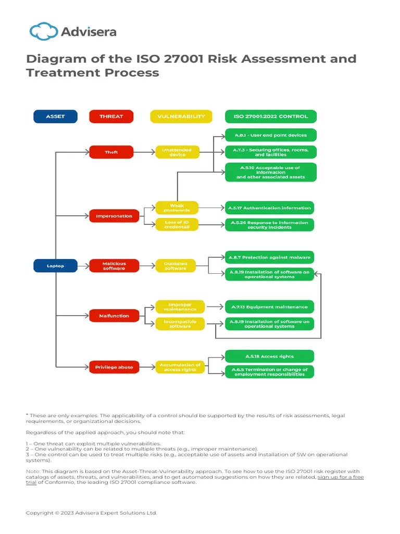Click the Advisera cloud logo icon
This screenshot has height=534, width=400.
point(44,31)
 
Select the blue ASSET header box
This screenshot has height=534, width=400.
point(55,116)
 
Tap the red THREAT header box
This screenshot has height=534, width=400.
point(111,116)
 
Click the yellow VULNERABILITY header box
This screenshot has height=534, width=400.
point(181,116)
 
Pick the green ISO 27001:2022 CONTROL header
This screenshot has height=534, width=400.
point(270,116)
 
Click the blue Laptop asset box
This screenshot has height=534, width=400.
point(55,266)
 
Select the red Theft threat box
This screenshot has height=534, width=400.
point(111,152)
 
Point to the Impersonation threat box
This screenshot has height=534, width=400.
point(114,215)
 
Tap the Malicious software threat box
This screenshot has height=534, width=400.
point(114,266)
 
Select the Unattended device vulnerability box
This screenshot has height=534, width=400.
point(177,152)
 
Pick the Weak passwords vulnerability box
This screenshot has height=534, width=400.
point(177,208)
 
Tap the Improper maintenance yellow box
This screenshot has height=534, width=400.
point(180,307)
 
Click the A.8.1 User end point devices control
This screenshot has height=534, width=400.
point(270,135)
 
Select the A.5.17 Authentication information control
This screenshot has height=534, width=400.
point(269,208)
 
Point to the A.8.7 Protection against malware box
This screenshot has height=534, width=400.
point(269,258)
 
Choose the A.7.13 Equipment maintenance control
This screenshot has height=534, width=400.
point(269,307)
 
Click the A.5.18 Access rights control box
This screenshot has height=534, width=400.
point(269,356)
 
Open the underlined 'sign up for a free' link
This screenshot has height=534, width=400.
point(341,477)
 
